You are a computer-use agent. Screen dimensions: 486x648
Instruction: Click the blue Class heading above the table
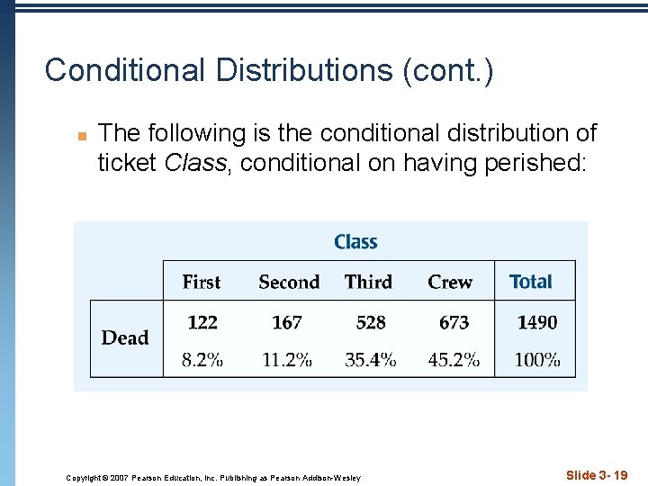click(x=355, y=242)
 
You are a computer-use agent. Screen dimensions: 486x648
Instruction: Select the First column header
click(x=202, y=282)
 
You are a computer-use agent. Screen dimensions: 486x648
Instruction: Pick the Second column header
click(x=289, y=282)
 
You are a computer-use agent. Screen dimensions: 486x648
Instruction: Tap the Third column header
click(x=369, y=282)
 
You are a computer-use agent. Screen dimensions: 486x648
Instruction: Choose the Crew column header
click(x=450, y=282)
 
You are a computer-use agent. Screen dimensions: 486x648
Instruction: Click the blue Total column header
click(x=531, y=282)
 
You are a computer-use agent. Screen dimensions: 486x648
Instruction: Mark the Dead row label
click(x=125, y=337)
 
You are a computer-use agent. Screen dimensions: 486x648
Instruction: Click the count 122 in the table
click(x=202, y=322)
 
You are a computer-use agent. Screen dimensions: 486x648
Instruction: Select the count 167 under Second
click(x=286, y=322)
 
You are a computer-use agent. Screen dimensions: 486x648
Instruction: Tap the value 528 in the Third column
click(x=371, y=322)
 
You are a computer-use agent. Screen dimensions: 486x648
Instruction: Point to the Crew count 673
click(x=454, y=322)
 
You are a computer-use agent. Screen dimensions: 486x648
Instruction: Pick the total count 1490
click(x=537, y=322)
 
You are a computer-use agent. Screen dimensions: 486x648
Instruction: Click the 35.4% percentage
click(x=371, y=360)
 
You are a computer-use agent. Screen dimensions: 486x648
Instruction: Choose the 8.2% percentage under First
click(x=202, y=360)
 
